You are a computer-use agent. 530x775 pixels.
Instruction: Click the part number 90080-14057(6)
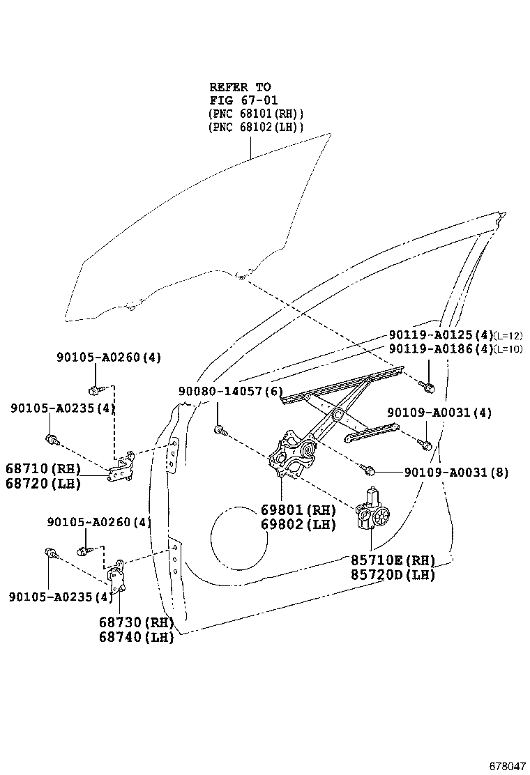[x=230, y=392]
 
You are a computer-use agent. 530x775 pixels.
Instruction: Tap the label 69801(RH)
[x=298, y=509]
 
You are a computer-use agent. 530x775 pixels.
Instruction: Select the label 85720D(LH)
[x=393, y=575]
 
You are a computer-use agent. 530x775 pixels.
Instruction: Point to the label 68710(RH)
[x=43, y=468]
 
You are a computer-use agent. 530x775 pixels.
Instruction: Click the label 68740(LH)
[x=137, y=637]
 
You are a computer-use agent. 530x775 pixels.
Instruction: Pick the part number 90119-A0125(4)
[x=441, y=335]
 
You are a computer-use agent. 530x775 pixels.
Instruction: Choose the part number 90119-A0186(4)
[x=441, y=349]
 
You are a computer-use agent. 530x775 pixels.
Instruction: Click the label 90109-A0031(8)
[x=456, y=473]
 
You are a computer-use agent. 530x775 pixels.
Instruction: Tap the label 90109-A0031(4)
[x=439, y=412]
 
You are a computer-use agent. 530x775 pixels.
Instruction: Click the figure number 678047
[x=507, y=766]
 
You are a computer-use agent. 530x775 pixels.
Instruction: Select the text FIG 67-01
[x=244, y=100]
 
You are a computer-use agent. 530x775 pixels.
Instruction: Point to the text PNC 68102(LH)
[x=255, y=127]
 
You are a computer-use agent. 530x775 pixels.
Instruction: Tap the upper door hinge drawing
[x=122, y=466]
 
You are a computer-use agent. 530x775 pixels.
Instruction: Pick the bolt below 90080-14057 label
[x=220, y=430]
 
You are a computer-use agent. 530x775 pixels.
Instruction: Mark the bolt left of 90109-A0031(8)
[x=368, y=469]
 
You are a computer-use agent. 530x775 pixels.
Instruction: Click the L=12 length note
[x=508, y=336]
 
